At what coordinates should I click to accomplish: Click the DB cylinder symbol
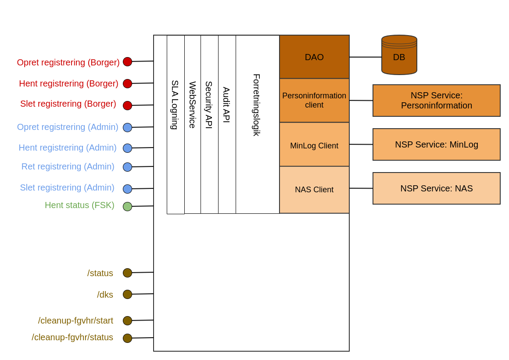[399, 55]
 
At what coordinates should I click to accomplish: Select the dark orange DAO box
[314, 57]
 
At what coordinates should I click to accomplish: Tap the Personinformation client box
[314, 101]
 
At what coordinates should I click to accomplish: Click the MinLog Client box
[314, 145]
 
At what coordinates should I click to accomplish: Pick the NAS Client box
[314, 190]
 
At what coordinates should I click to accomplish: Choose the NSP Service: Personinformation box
[436, 101]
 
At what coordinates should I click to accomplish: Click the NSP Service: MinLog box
[436, 144]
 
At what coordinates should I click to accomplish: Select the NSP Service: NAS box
[436, 188]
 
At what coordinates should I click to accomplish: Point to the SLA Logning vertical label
[175, 105]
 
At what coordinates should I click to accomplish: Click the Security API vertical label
[209, 105]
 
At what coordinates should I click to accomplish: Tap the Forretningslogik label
[257, 105]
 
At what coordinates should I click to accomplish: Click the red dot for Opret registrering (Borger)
[127, 61]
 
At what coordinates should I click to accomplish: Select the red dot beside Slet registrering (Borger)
[127, 105]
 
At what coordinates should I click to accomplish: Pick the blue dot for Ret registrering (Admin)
[127, 167]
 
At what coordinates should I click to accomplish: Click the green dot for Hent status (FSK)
[127, 206]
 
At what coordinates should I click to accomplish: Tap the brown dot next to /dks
[127, 294]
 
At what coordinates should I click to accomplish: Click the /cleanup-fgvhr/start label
[75, 320]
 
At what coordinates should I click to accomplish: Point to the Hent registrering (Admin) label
[68, 148]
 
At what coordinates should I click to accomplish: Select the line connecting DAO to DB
[365, 57]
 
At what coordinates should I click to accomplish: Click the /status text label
[100, 273]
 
